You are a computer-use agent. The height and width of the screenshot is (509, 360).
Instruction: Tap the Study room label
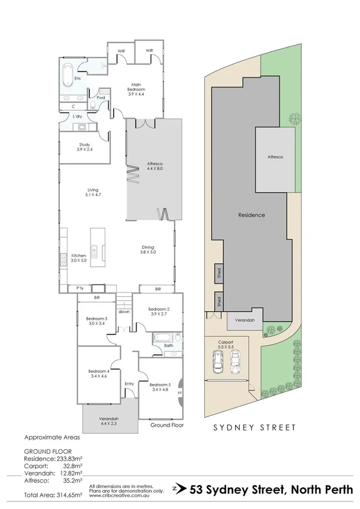[x=84, y=147]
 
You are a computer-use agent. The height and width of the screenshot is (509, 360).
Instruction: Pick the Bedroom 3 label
[x=96, y=321]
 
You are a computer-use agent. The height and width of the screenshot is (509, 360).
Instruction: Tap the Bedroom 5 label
[x=160, y=387]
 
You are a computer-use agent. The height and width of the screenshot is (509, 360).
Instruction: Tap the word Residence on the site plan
[x=252, y=215]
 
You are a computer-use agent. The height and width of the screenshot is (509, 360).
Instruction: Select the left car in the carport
[x=218, y=362]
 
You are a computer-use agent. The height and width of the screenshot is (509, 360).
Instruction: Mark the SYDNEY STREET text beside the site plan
[x=255, y=427]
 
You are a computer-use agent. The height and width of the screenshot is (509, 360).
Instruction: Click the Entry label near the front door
[x=129, y=384]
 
